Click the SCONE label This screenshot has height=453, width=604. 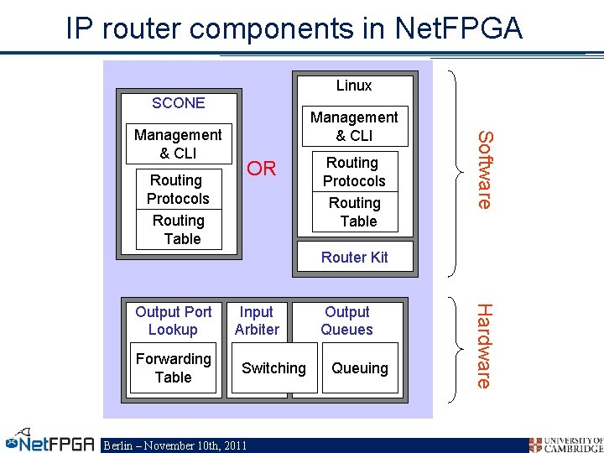pos(178,103)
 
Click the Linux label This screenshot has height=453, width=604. pos(354,86)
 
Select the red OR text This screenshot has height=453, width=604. pos(262,169)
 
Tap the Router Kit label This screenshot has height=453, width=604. pos(354,258)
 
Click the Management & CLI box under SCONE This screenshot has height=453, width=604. pos(179,144)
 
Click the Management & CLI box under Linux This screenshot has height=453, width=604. pos(354,127)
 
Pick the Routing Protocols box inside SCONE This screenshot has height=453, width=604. pos(179,190)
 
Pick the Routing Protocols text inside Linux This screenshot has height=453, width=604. pos(354,172)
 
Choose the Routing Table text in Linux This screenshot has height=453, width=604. pos(354,212)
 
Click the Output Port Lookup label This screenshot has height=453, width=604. pos(173,321)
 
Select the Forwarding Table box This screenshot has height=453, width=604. pos(173,368)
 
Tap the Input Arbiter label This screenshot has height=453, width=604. pos(257,321)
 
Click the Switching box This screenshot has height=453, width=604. pos(273,368)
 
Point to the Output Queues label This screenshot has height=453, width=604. pos(346,321)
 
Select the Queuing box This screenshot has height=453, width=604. pos(359,368)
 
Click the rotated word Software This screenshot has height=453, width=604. pos(485,169)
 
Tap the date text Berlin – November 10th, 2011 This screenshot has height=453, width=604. pos(174,445)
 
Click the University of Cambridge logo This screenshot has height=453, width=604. pos(565,444)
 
